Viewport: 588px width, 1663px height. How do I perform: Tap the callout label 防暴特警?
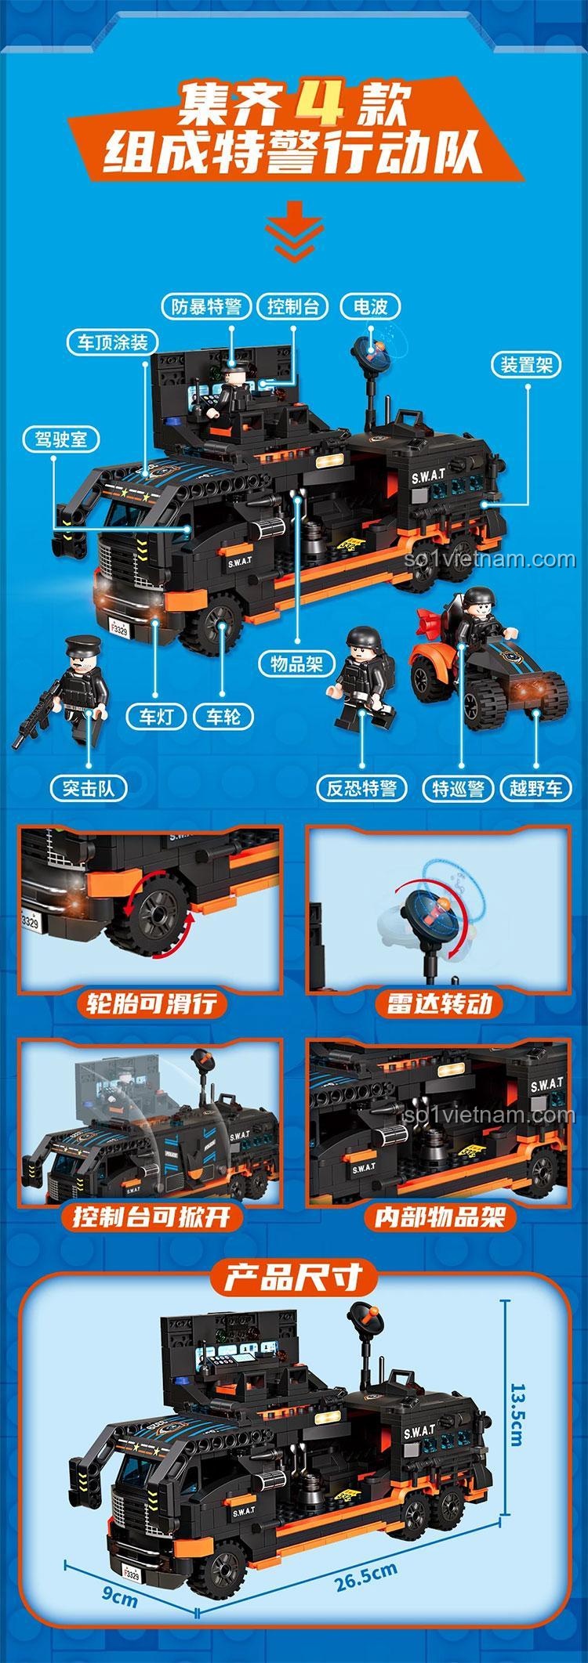(206, 306)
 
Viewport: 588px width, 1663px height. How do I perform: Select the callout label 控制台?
(292, 306)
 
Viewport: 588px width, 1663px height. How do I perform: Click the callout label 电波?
(370, 306)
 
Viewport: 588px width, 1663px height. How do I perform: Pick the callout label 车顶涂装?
(111, 342)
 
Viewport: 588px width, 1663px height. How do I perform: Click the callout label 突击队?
(88, 787)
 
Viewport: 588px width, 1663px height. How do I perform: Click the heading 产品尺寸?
(292, 1278)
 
